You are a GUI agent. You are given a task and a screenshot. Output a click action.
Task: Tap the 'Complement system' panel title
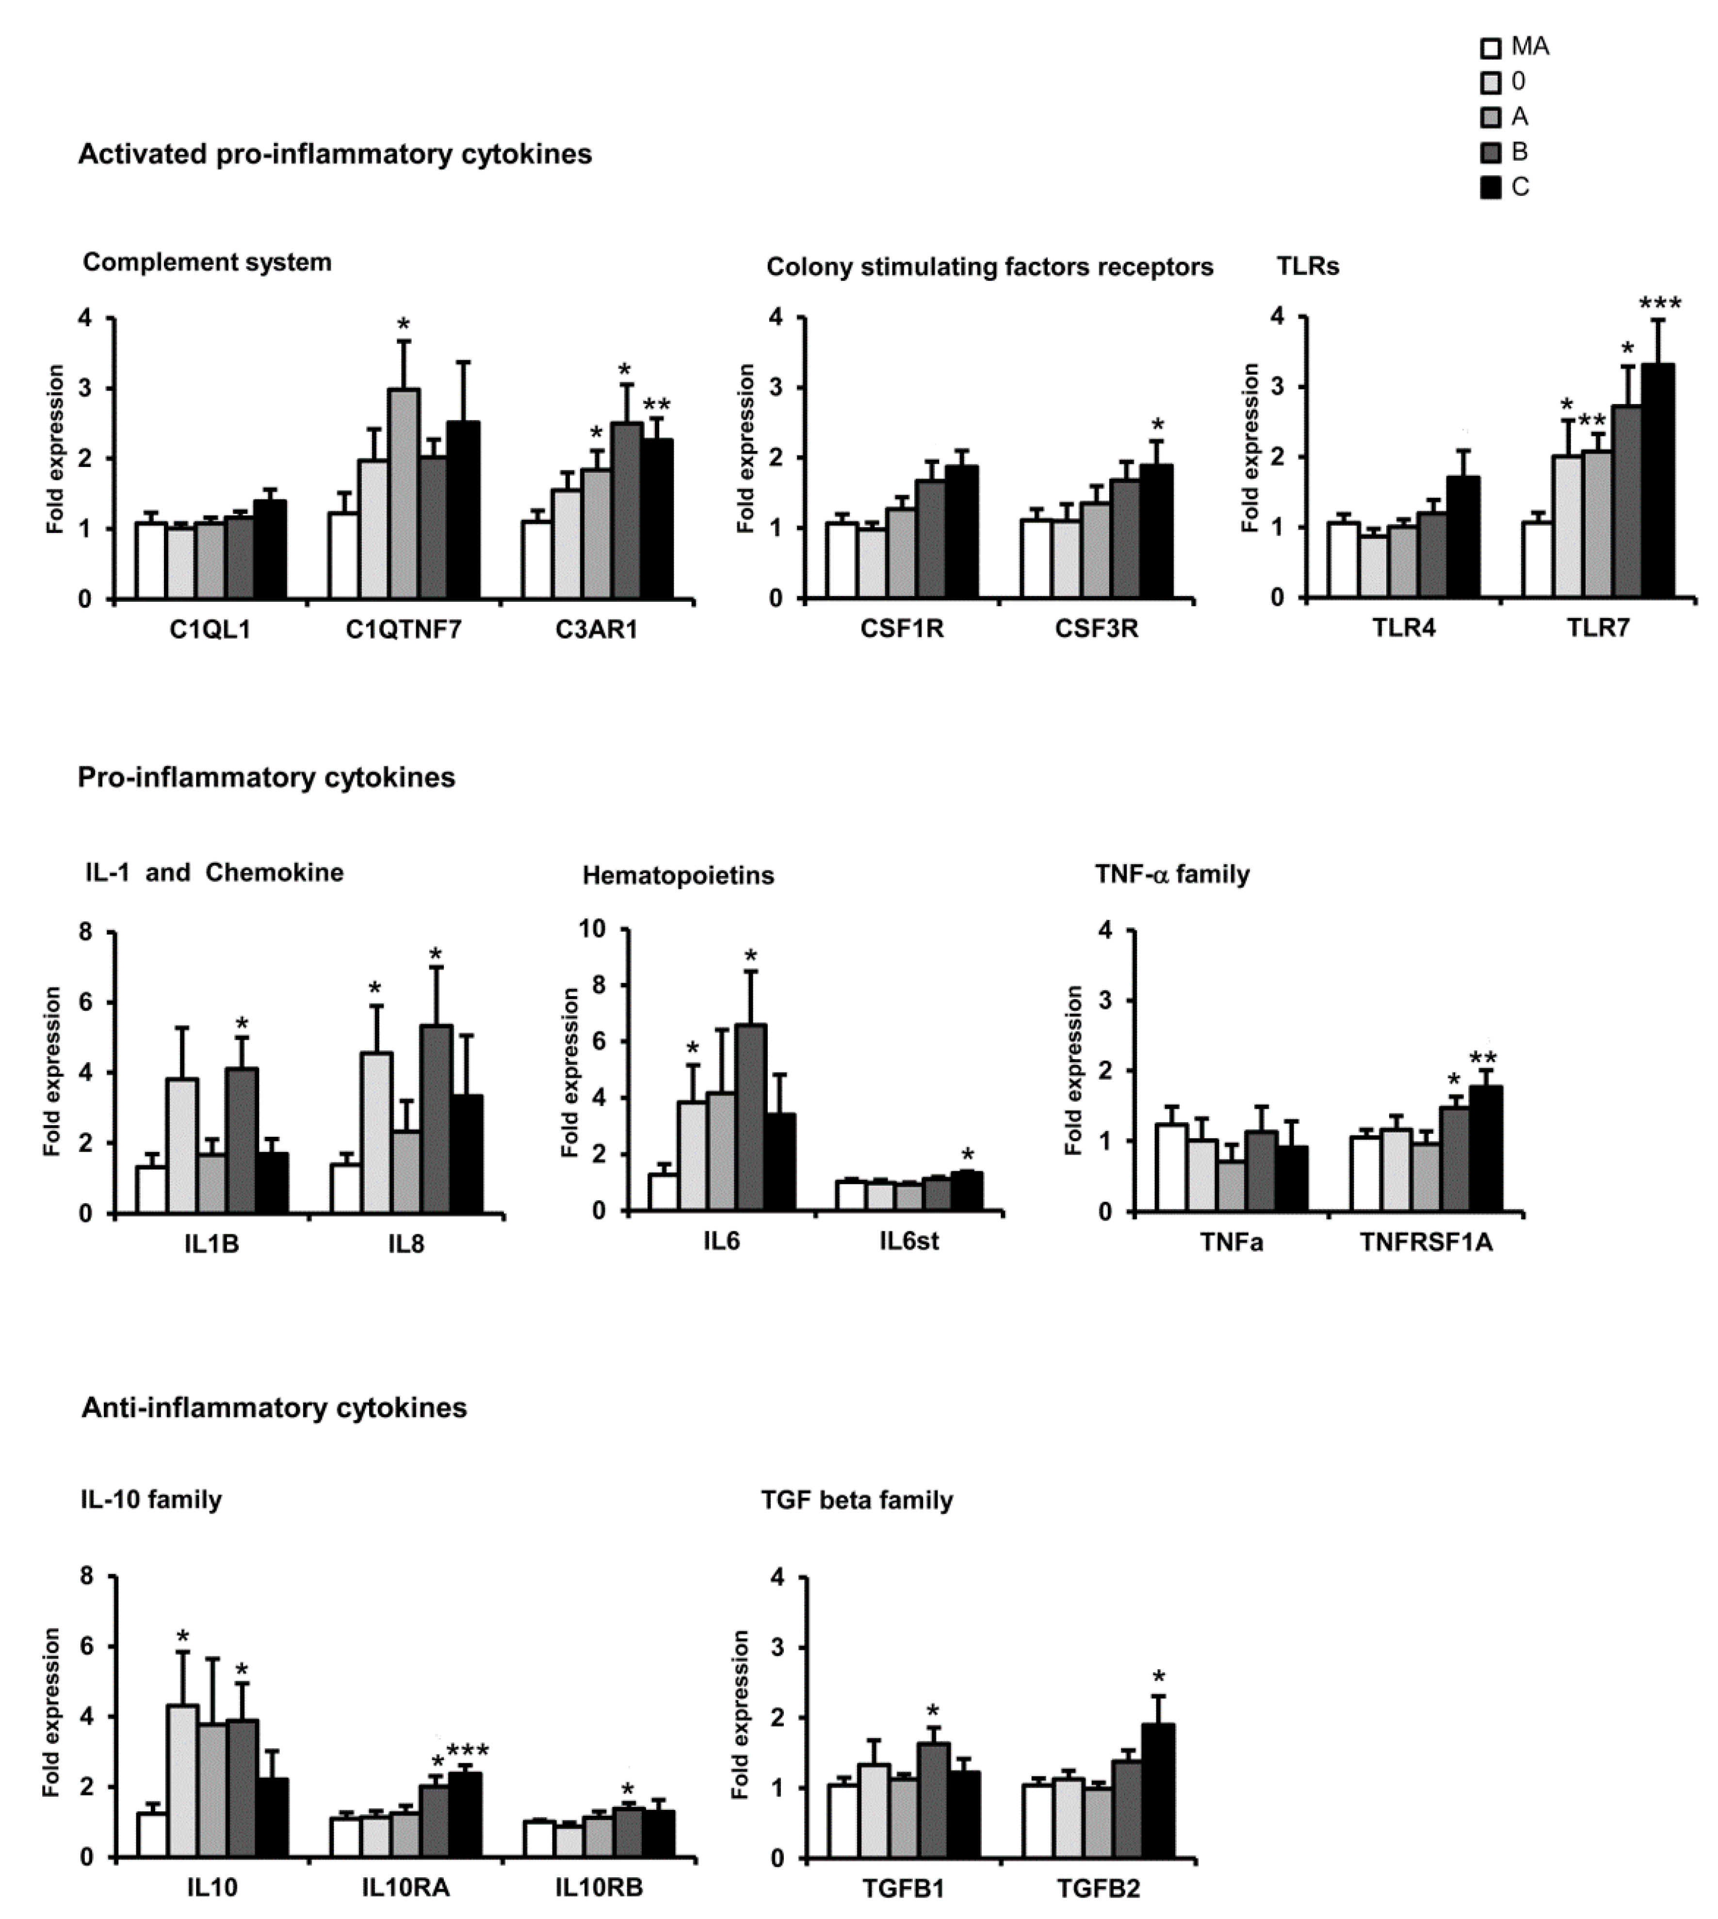click(207, 262)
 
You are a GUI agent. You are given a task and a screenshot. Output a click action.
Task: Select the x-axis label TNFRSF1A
click(1426, 1241)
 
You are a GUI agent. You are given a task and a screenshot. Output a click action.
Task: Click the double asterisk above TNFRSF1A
click(1483, 1057)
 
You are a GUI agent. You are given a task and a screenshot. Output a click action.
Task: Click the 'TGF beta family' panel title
click(857, 1500)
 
